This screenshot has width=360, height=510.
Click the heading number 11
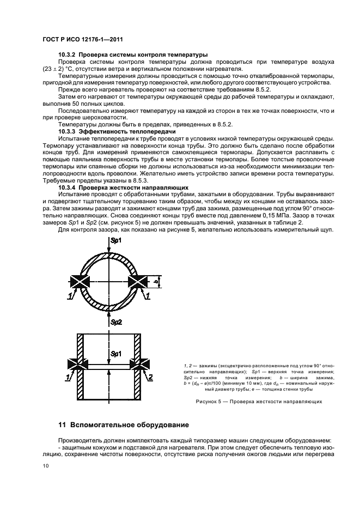click(x=62, y=424)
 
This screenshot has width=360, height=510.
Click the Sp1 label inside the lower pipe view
click(x=116, y=354)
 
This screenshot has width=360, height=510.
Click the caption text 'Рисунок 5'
click(x=210, y=402)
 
